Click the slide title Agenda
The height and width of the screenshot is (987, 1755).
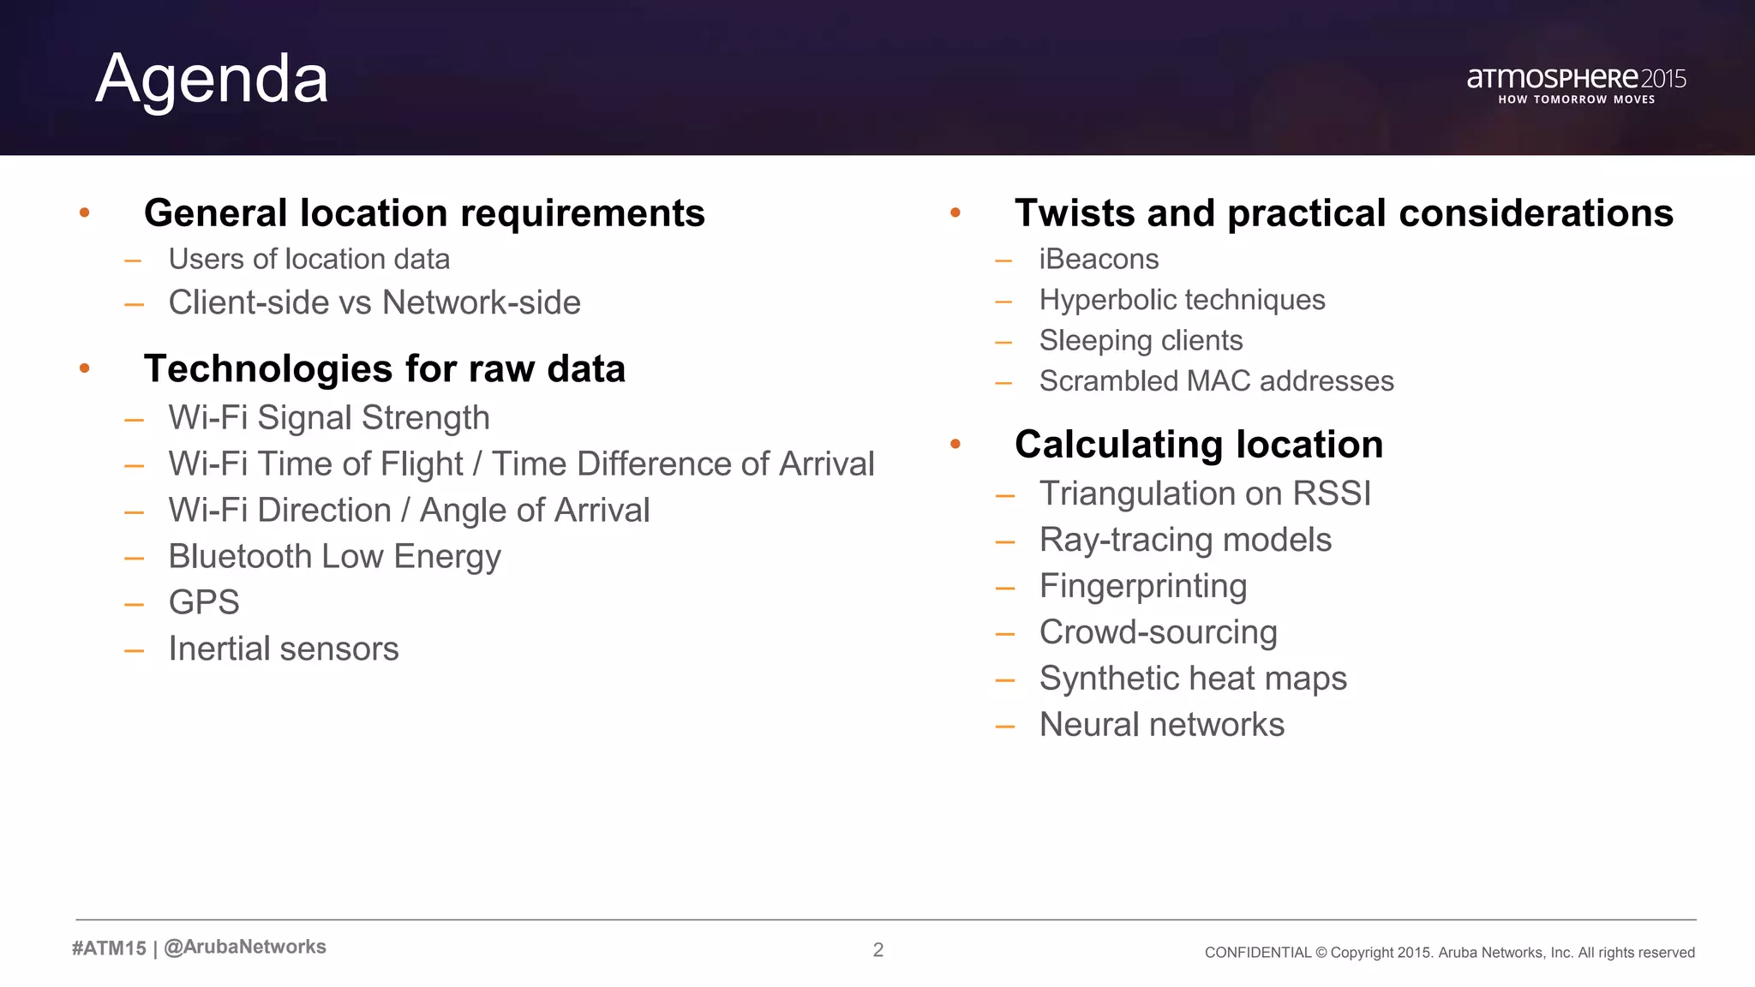(x=212, y=79)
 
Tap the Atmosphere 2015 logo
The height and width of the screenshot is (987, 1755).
(x=1576, y=84)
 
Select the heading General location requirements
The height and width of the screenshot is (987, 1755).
(x=424, y=212)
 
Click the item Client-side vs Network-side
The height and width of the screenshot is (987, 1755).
(x=374, y=302)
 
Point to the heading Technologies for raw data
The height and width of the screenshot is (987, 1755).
(x=385, y=368)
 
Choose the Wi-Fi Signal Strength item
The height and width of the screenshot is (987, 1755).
(x=329, y=418)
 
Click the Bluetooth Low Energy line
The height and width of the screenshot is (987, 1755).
(x=334, y=557)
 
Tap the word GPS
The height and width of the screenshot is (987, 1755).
(x=204, y=602)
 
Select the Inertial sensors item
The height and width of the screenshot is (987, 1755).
(x=284, y=649)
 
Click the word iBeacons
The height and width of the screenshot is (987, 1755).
(x=1099, y=259)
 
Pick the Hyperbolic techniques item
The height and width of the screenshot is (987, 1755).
(x=1182, y=300)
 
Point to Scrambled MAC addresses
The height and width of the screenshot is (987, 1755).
(x=1216, y=381)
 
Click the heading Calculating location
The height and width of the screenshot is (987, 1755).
(x=1199, y=445)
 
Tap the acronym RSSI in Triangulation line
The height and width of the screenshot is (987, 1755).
(x=1332, y=493)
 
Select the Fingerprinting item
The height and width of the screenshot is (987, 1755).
(x=1143, y=586)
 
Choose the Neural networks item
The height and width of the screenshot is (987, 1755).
(x=1162, y=725)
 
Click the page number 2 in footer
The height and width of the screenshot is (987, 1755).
(x=878, y=949)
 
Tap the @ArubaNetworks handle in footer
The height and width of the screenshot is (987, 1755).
(x=245, y=947)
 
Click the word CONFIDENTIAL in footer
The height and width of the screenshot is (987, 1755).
(x=1257, y=953)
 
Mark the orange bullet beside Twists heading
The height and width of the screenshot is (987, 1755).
(x=955, y=212)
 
